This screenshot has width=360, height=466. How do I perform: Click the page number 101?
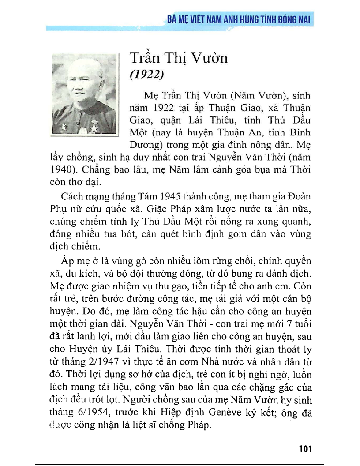point(305,449)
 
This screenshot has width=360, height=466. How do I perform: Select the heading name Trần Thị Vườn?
point(178,58)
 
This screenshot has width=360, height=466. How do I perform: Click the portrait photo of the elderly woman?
point(84,94)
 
